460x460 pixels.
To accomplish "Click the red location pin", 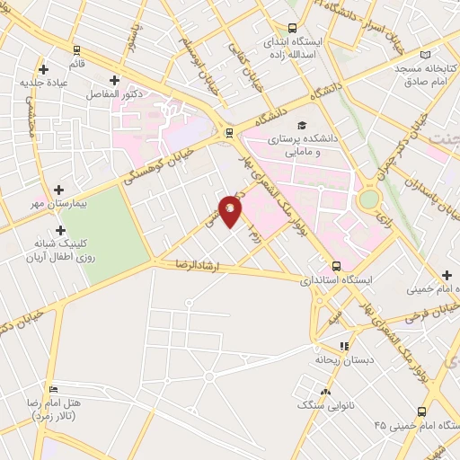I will click(x=231, y=210).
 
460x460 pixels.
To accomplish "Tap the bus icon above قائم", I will click(x=76, y=50).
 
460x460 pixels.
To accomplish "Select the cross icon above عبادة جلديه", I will click(x=43, y=68).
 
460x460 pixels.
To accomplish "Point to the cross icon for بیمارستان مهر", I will click(x=59, y=190).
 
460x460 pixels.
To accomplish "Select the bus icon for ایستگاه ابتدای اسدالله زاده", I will click(x=291, y=28).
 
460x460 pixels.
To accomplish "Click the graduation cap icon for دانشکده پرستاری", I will click(x=302, y=125).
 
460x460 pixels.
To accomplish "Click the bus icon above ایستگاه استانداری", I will click(x=337, y=266).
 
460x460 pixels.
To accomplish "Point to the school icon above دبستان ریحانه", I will click(x=342, y=345).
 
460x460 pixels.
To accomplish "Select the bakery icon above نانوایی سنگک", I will click(x=325, y=392).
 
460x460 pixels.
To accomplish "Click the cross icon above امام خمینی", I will click(x=447, y=275).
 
